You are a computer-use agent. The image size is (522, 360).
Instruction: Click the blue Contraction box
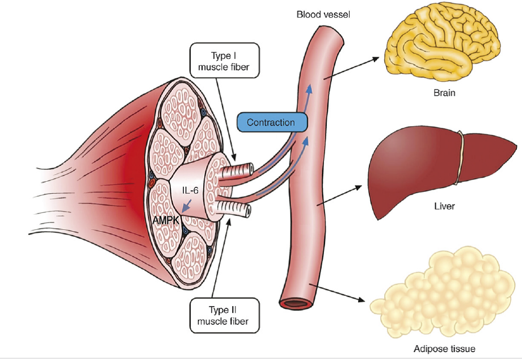(272, 122)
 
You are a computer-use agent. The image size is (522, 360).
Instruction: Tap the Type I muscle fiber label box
(224, 60)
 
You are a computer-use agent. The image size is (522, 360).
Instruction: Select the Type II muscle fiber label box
(224, 315)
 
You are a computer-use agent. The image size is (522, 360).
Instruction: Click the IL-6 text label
(190, 190)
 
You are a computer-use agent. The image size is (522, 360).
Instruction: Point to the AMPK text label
(166, 220)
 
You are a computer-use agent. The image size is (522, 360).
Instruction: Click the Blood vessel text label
(323, 14)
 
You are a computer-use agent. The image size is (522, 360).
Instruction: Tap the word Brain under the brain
(444, 93)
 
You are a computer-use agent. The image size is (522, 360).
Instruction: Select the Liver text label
(444, 206)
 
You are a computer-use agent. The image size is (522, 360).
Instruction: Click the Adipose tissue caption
(444, 349)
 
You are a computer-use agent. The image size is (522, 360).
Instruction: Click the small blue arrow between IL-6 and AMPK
(187, 206)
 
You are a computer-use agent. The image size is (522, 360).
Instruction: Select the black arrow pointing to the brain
(351, 68)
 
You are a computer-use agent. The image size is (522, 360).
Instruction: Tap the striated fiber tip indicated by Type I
(237, 170)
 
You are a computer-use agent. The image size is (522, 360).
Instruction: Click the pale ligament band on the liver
(460, 157)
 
